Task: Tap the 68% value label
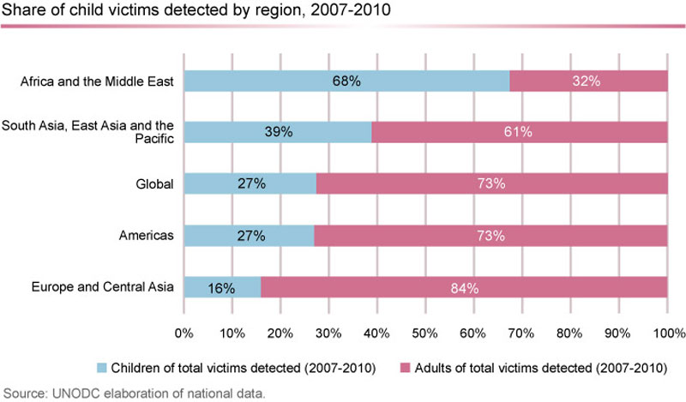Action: coord(346,81)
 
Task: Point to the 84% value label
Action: coord(464,287)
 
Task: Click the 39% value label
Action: coord(279,132)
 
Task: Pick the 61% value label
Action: coord(519,132)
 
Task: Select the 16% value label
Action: coord(222,287)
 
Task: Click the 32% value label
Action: coord(588,81)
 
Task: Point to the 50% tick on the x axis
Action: coord(425,332)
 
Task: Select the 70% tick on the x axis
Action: coord(522,332)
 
